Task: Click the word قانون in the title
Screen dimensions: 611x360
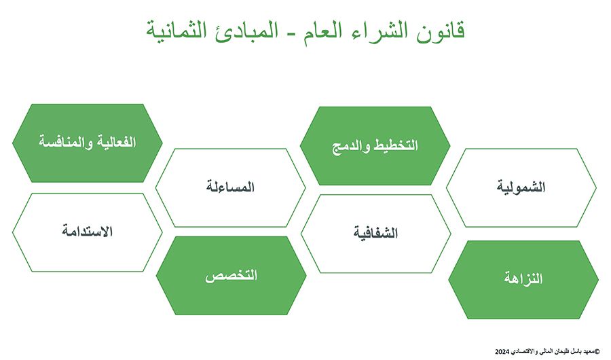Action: (x=441, y=31)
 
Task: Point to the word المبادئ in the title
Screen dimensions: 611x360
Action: (x=244, y=31)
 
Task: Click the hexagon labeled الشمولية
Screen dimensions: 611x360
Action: (x=521, y=187)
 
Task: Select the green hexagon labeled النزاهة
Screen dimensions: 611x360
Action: (x=523, y=280)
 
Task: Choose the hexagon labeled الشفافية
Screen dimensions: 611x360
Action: (x=375, y=234)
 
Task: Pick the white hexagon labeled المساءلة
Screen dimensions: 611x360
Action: (x=230, y=187)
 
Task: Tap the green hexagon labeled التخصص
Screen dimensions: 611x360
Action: (x=231, y=276)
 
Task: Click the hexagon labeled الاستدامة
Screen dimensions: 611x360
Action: (x=88, y=232)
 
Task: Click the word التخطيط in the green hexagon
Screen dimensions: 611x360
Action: (x=396, y=145)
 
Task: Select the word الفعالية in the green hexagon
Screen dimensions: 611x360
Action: (x=116, y=141)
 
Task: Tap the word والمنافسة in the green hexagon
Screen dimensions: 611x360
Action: (x=65, y=141)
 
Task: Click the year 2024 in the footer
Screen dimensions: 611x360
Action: (x=502, y=352)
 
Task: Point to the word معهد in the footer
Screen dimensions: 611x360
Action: (x=589, y=352)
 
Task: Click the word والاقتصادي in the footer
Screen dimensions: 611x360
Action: (x=524, y=352)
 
